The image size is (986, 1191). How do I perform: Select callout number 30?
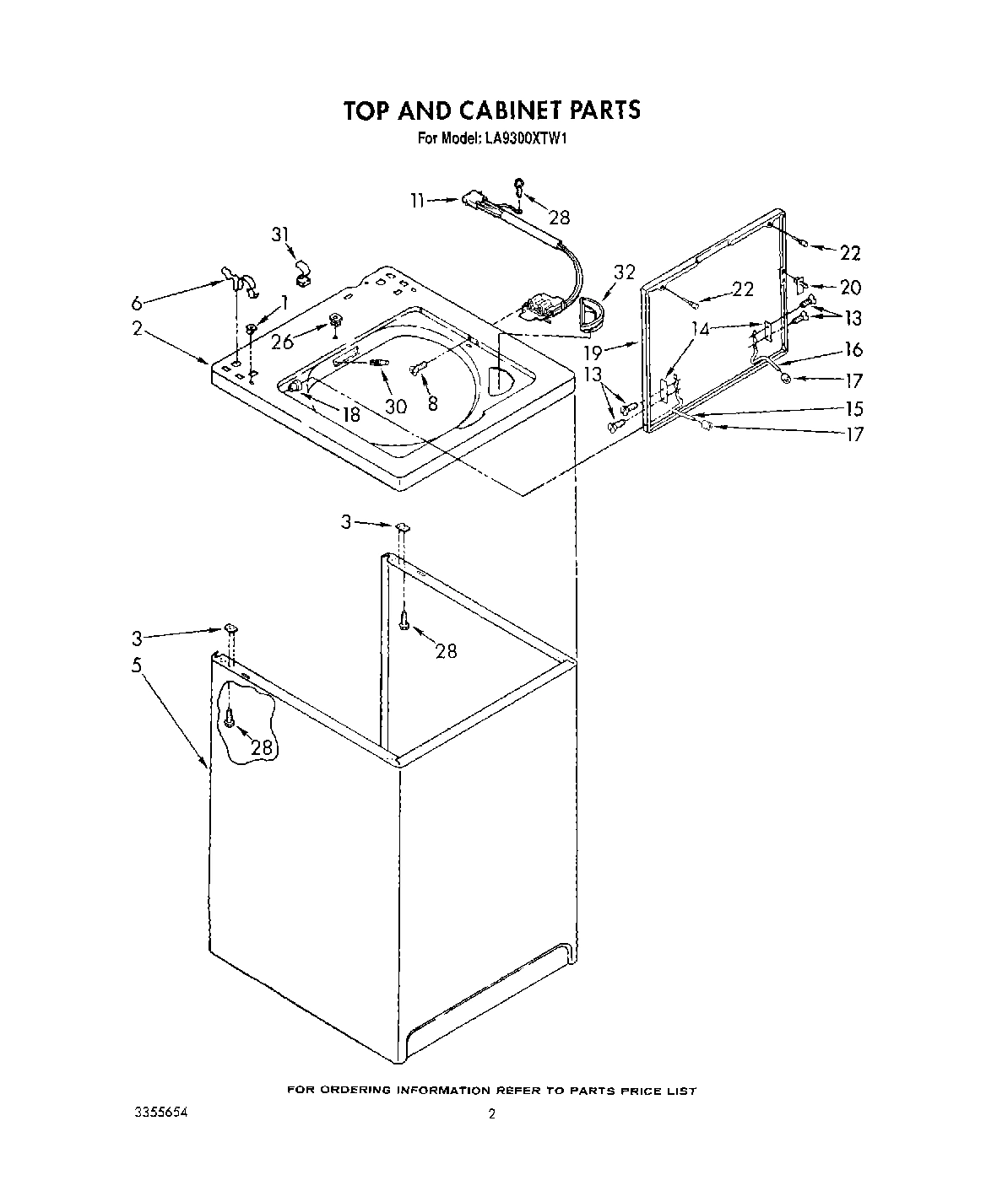point(395,406)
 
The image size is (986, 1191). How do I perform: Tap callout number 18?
point(350,414)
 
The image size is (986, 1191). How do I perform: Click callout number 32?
point(624,272)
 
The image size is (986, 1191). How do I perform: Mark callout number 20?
point(850,288)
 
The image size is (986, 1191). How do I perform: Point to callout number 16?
point(853,349)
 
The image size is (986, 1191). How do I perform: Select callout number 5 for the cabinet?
point(137,664)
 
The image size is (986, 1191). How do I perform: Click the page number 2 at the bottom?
point(491,1114)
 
